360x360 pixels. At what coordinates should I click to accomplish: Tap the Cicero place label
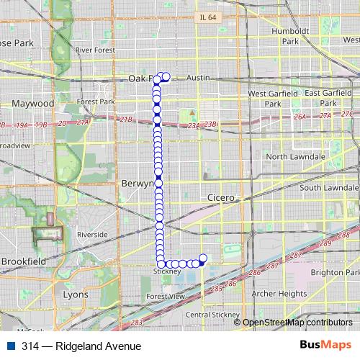tap(221, 197)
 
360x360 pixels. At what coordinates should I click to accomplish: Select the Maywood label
tap(33, 104)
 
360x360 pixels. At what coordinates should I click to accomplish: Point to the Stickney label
tap(166, 271)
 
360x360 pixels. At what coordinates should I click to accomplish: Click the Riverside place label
tap(92, 235)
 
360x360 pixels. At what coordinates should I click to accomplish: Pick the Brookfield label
tap(24, 261)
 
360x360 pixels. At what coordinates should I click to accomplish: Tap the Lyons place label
tap(76, 294)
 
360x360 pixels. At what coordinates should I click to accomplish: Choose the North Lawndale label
tap(297, 156)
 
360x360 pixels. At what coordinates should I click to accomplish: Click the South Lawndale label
tap(329, 188)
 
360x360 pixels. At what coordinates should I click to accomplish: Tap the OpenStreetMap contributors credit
tap(297, 322)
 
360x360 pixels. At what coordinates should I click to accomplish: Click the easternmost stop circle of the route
tap(203, 258)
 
